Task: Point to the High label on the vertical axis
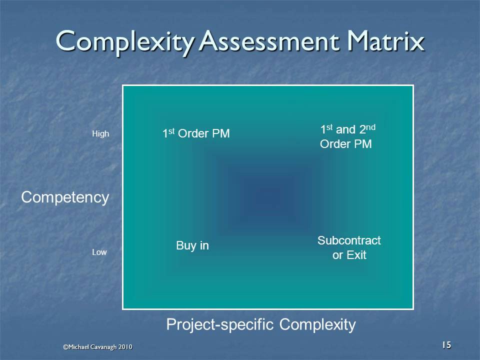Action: (100, 134)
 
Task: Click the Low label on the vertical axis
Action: (99, 252)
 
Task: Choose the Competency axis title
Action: (65, 197)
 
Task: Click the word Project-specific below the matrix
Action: (220, 325)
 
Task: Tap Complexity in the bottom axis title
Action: (317, 325)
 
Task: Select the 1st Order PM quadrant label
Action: (196, 134)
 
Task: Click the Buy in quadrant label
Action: (192, 246)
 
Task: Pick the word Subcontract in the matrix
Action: (349, 240)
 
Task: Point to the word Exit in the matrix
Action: (356, 255)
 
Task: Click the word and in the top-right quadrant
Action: (345, 130)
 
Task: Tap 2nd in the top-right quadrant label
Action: (367, 129)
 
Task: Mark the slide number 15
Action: (446, 344)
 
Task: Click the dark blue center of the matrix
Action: (268, 196)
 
